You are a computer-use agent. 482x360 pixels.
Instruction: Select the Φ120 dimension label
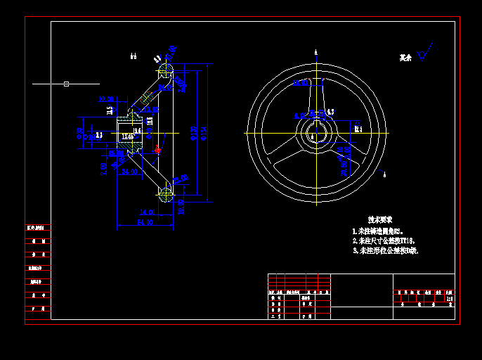click(193, 133)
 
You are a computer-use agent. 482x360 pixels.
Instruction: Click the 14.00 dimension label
click(148, 212)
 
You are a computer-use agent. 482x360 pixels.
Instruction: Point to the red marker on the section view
click(157, 149)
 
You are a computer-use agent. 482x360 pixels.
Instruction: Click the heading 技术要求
click(380, 219)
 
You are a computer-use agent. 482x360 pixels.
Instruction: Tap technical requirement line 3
click(386, 250)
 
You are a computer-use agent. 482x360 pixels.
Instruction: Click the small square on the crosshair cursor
click(66, 84)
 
